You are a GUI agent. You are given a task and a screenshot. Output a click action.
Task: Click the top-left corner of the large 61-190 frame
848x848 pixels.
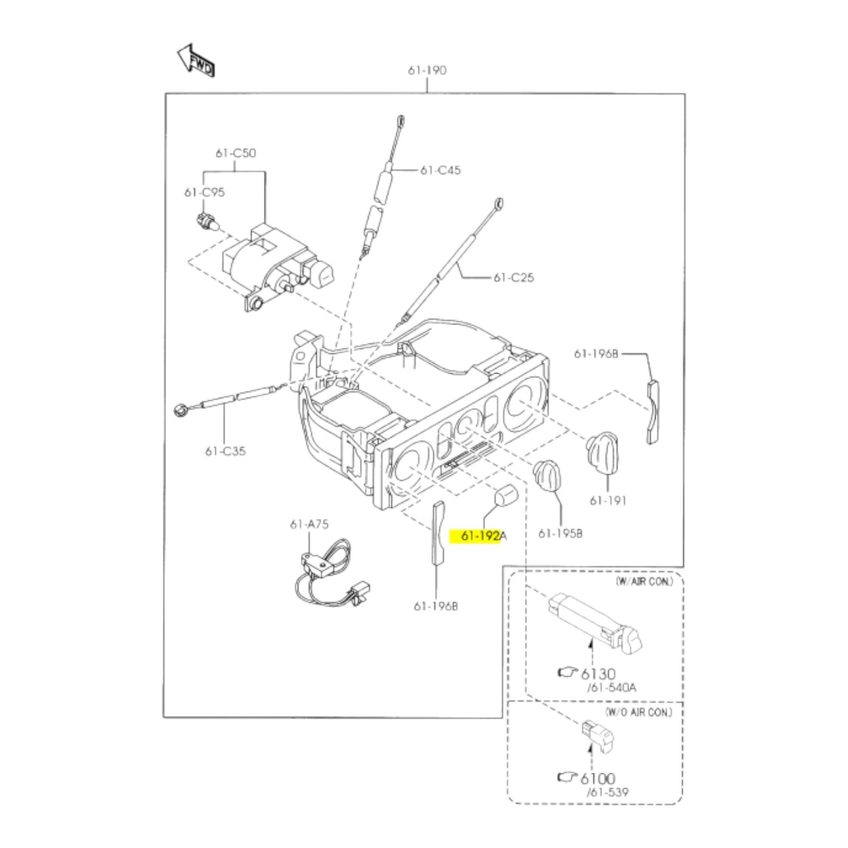pyautogui.click(x=165, y=94)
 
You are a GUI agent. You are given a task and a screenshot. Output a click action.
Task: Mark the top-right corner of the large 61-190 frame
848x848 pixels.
pyautogui.click(x=684, y=94)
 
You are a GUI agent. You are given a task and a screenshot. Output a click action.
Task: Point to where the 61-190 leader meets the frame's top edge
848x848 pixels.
pyautogui.click(x=427, y=94)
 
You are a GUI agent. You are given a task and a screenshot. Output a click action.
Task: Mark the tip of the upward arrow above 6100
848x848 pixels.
pyautogui.click(x=590, y=744)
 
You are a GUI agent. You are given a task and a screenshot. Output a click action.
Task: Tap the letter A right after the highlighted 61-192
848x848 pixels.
pyautogui.click(x=503, y=536)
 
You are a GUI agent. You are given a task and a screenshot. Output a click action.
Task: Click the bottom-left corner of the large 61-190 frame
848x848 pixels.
pyautogui.click(x=164, y=717)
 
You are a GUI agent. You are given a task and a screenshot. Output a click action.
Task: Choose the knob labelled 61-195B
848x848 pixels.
pyautogui.click(x=547, y=475)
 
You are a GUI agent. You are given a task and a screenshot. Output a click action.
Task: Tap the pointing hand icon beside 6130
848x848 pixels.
pyautogui.click(x=568, y=672)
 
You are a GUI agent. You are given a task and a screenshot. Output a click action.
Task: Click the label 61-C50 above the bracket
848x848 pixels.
pyautogui.click(x=235, y=153)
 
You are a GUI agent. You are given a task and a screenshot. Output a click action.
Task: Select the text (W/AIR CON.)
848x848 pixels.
pyautogui.click(x=644, y=581)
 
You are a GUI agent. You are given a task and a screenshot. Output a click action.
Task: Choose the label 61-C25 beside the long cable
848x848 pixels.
pyautogui.click(x=514, y=277)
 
